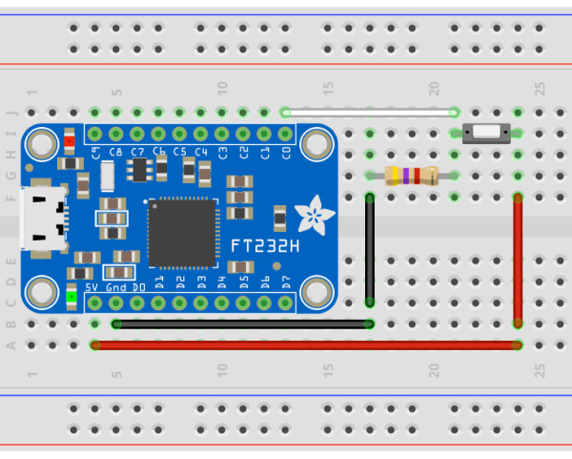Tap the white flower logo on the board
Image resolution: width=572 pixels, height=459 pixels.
coord(312,216)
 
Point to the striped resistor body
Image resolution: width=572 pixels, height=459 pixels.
coord(411,176)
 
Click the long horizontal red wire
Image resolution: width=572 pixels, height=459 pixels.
coord(305,344)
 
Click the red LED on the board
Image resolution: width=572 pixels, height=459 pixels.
coord(70,143)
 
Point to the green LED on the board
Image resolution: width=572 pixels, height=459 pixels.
coord(72,296)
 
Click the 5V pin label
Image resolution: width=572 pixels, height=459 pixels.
coord(92,286)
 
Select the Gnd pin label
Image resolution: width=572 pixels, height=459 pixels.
coord(116,286)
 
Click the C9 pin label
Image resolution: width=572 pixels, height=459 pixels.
coord(96,152)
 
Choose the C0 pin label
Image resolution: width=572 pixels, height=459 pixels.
coord(286,152)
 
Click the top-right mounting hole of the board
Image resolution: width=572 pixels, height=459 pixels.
coord(314,145)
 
